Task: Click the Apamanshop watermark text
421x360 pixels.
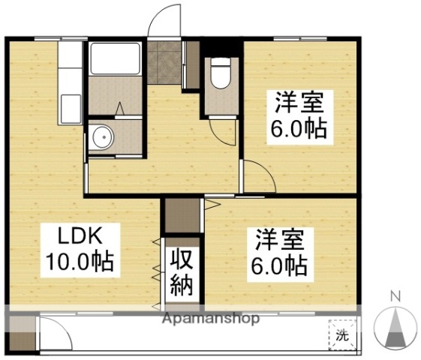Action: click(211, 319)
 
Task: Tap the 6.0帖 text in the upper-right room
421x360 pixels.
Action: click(298, 129)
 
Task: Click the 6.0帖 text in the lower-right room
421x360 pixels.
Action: click(278, 266)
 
